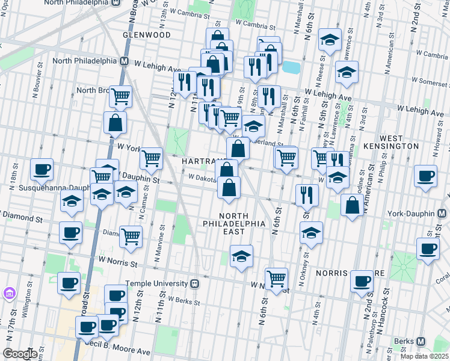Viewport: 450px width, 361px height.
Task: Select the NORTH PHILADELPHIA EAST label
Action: pyautogui.click(x=241, y=223)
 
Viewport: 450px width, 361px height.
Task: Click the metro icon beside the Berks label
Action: pyautogui.click(x=434, y=341)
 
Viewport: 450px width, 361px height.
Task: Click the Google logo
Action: pyautogui.click(x=20, y=354)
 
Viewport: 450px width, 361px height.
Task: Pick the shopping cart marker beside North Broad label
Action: pyautogui.click(x=122, y=96)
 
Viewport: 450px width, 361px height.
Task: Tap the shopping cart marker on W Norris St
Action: pyautogui.click(x=276, y=279)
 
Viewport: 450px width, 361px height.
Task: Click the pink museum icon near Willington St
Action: pyautogui.click(x=9, y=294)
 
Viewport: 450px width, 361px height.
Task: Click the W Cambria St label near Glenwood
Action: pyautogui.click(x=190, y=11)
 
